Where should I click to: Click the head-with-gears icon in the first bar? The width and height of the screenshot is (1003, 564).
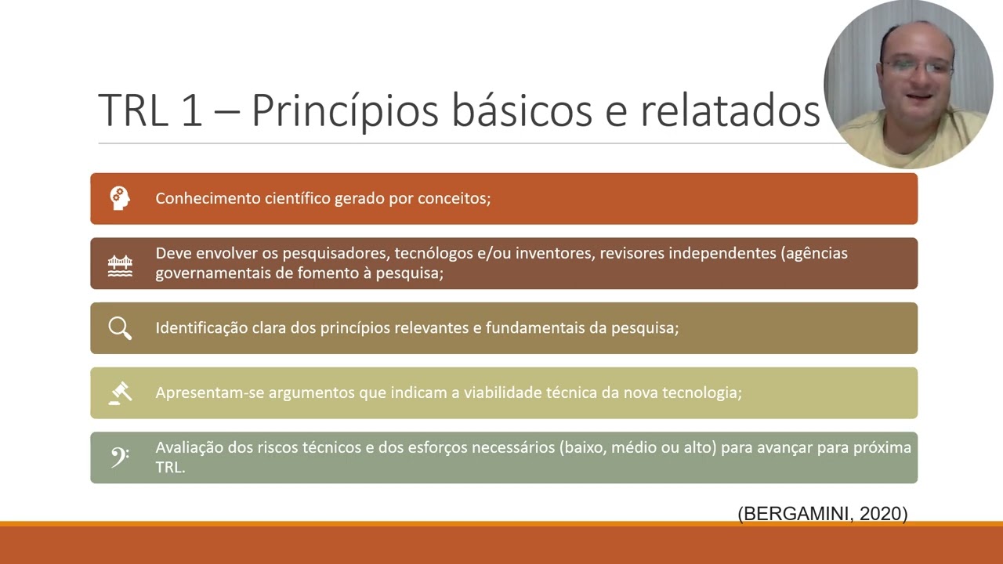120,198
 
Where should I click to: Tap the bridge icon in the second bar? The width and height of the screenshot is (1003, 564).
120,264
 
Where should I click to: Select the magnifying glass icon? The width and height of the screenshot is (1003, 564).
120,328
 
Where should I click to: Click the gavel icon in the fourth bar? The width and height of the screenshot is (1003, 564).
120,392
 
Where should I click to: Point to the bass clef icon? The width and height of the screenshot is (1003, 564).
120,457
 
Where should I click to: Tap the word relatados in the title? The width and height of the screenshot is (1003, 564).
730,110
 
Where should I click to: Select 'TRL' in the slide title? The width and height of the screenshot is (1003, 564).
133,110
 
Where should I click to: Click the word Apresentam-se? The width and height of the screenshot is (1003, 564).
209,392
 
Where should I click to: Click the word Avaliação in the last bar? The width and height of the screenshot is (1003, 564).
189,448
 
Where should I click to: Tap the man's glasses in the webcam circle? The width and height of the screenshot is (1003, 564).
917,68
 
